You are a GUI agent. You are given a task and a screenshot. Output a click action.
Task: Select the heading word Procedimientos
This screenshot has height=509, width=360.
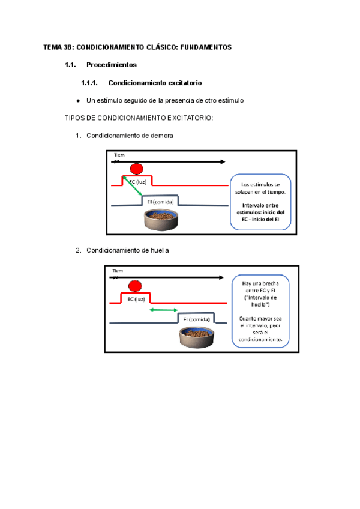112,65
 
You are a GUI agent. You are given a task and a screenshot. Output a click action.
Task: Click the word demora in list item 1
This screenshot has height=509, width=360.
161,136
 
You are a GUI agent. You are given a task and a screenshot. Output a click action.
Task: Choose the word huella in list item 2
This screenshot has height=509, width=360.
159,250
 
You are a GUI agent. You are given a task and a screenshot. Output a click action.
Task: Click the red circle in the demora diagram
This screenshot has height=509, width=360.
137,170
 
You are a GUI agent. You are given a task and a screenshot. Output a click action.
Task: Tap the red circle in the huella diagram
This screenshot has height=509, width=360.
135,286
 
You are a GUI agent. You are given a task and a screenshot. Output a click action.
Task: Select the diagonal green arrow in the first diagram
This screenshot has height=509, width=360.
133,186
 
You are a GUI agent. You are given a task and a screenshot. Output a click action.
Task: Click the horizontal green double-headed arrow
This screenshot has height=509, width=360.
163,310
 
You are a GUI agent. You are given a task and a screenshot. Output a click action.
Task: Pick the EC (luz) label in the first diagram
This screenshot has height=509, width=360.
138,181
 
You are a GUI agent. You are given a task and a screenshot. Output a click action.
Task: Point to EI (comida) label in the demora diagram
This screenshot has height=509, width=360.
161,202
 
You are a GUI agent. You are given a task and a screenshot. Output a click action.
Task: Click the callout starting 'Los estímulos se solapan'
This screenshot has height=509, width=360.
261,202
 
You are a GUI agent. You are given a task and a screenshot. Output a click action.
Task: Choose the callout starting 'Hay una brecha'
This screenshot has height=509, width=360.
260,310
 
